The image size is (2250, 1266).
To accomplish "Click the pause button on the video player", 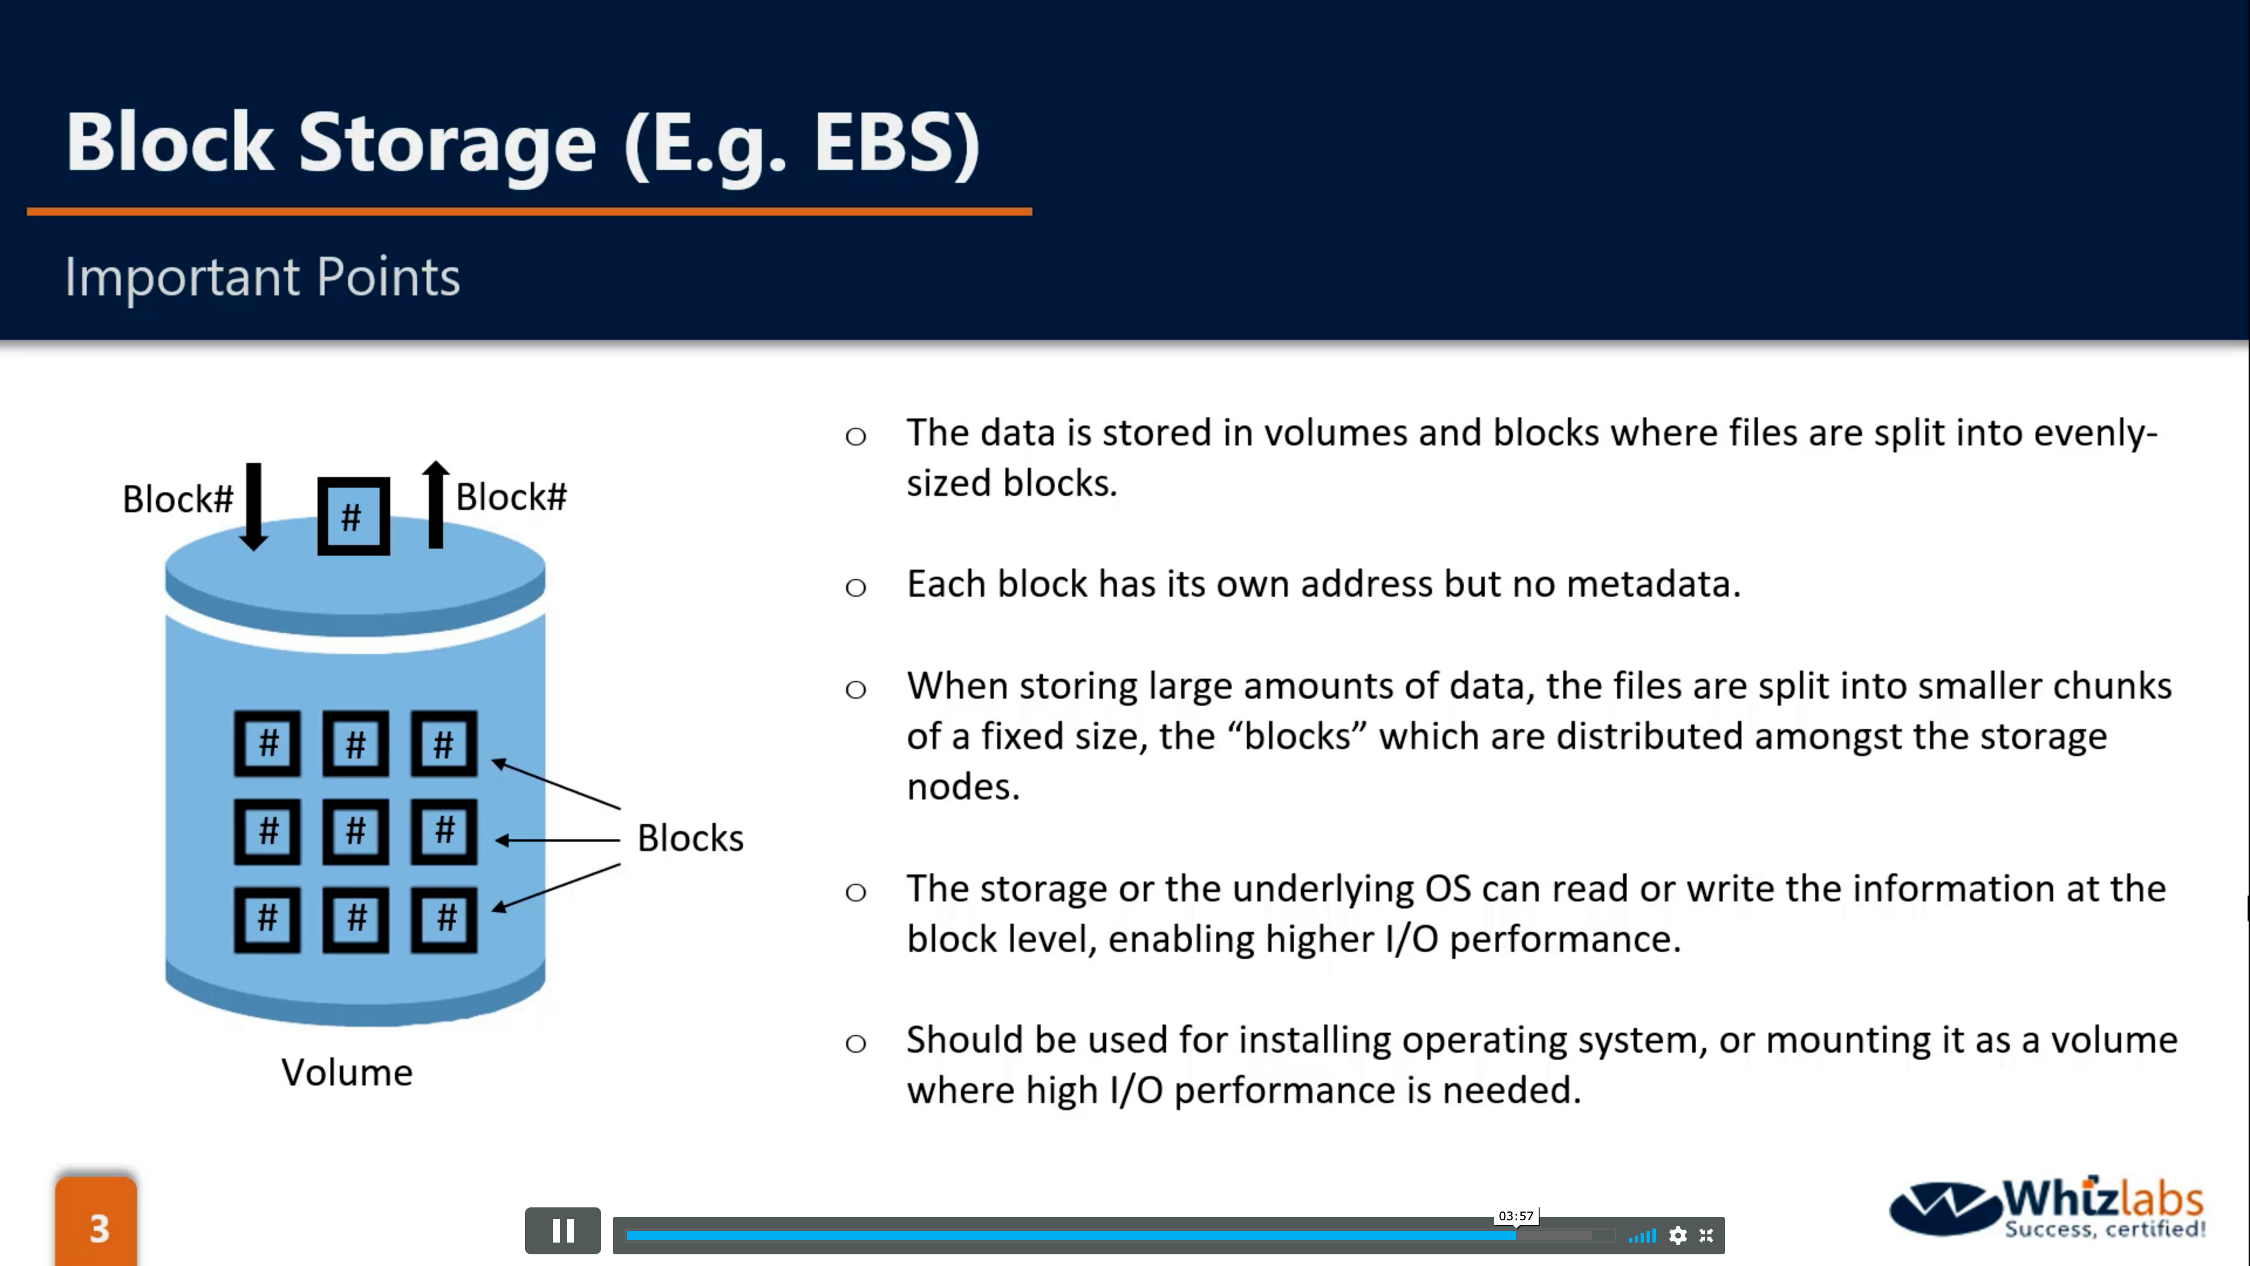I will pyautogui.click(x=562, y=1231).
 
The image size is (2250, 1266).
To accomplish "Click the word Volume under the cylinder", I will pyautogui.click(x=347, y=1072).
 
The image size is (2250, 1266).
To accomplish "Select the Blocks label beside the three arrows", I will pyautogui.click(x=690, y=838).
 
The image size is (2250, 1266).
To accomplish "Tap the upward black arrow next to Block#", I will pyautogui.click(x=436, y=504).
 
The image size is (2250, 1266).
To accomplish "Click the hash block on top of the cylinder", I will pyautogui.click(x=353, y=516).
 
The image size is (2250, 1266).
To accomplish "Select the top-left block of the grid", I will pyautogui.click(x=267, y=744).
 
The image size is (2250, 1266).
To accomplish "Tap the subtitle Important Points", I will pyautogui.click(x=262, y=277).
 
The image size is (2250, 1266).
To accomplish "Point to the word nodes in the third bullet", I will pyautogui.click(x=963, y=787).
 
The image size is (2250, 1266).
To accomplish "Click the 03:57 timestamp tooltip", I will pyautogui.click(x=1515, y=1216).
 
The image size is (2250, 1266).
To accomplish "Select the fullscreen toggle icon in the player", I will pyautogui.click(x=1706, y=1236).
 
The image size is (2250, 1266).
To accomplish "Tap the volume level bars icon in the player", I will pyautogui.click(x=1642, y=1236).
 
